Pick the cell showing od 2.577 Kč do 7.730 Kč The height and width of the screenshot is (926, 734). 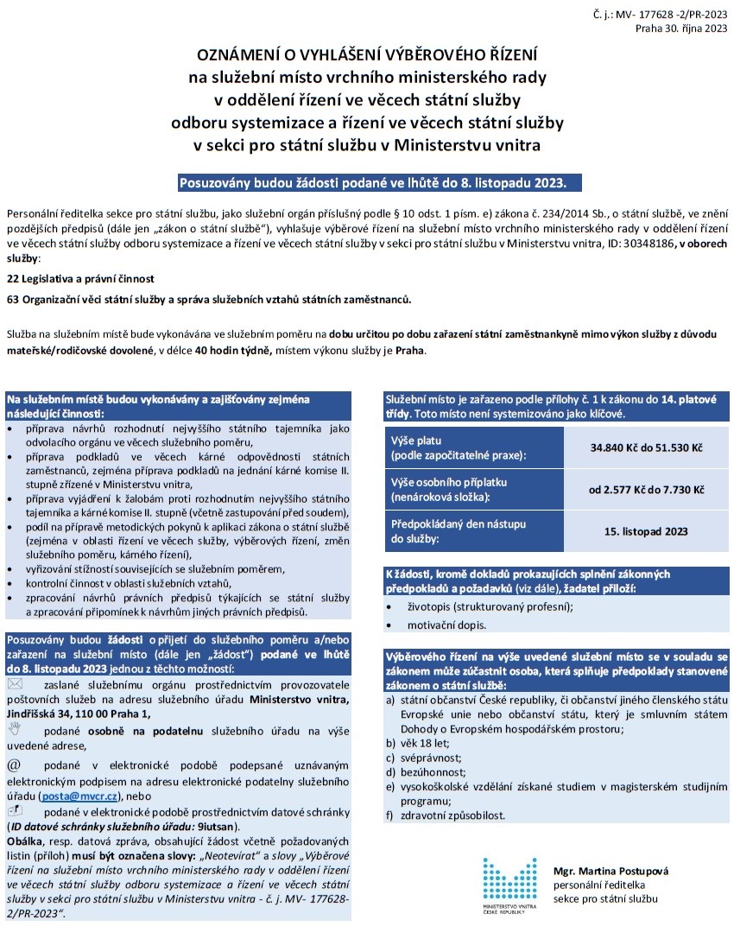point(646,490)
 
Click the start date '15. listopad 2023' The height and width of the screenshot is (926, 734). point(646,531)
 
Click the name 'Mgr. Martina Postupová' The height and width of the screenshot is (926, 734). point(611,872)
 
